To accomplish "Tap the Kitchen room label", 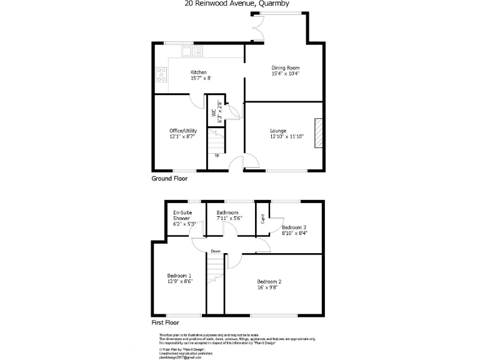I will pos(199,72).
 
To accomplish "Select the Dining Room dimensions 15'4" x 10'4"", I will pos(286,74).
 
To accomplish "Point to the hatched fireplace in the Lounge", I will pos(320,133).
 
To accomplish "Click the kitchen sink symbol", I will pos(189,51).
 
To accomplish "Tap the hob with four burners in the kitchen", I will pos(161,74).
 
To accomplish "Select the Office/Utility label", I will pos(183,131).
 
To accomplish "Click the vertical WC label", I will pos(214,113).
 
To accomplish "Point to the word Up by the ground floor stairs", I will pos(217,155).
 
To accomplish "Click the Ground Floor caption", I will pos(169,179).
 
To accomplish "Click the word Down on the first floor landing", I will pos(215,251).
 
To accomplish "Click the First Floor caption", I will pos(166,323).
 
